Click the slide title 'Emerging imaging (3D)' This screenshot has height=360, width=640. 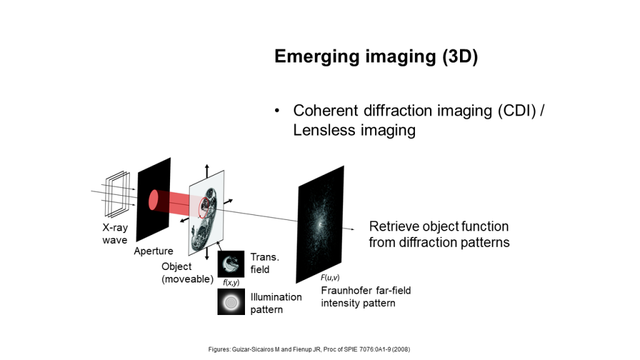376,56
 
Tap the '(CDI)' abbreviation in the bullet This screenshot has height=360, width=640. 517,111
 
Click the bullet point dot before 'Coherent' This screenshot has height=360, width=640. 277,111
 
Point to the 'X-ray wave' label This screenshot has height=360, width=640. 115,234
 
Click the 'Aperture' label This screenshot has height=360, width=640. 154,251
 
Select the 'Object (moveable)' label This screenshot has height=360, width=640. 187,272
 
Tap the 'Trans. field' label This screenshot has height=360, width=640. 265,263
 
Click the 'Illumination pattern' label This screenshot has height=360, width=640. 276,303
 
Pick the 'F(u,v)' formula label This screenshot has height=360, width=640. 330,277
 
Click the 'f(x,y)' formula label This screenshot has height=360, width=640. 231,282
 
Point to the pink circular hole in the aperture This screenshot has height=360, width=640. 154,200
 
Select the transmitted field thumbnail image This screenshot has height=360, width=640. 231,264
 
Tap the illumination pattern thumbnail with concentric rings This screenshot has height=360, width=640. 231,302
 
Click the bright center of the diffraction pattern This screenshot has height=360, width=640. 320,224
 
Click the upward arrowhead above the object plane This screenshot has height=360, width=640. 207,166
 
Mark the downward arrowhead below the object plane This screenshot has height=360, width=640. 207,257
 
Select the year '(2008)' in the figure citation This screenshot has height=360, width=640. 401,349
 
